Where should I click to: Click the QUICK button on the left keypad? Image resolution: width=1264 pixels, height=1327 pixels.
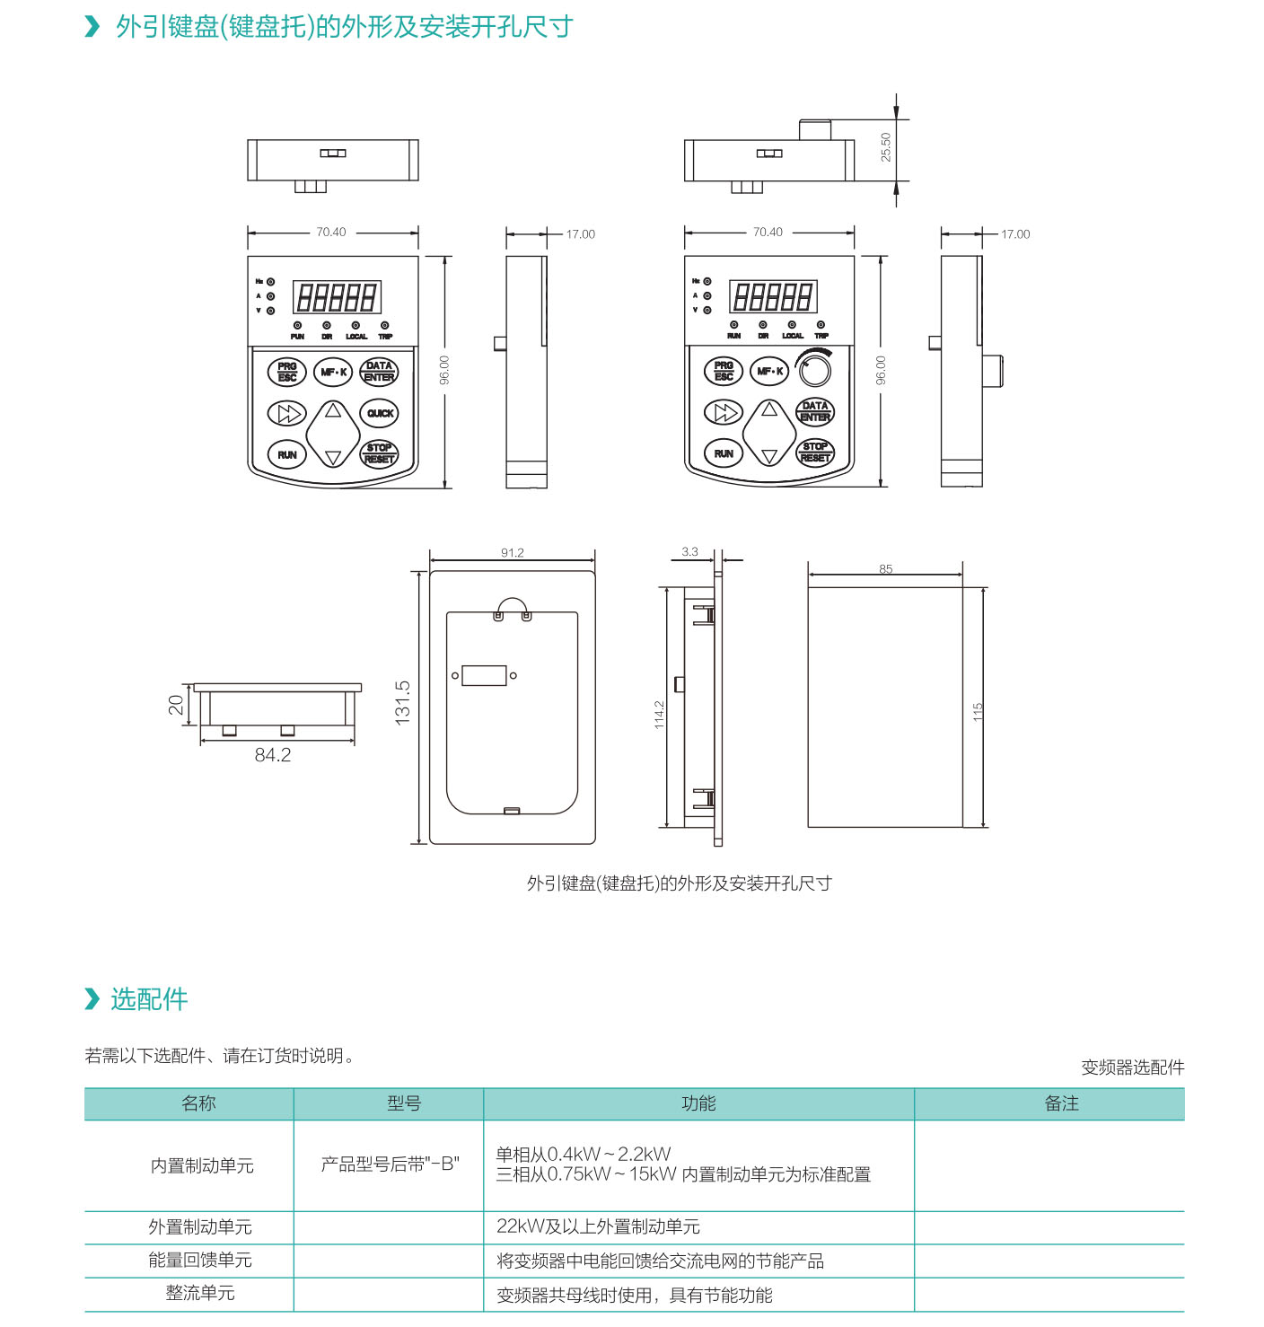[380, 413]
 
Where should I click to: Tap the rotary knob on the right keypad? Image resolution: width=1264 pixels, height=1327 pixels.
[814, 370]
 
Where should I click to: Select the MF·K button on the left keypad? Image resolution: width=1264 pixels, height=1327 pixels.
[333, 372]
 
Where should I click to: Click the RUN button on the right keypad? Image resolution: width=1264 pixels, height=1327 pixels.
[724, 453]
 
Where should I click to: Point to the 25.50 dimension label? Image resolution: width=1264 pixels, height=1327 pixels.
[886, 147]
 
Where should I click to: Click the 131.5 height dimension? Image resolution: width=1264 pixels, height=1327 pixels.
[402, 702]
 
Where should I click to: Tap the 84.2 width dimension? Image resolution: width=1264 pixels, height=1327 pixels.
[272, 755]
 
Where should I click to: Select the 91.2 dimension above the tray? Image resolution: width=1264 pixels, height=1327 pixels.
[513, 553]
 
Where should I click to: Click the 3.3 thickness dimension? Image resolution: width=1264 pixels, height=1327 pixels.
[689, 552]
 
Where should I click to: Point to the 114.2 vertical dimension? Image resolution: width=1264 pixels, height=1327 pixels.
[659, 715]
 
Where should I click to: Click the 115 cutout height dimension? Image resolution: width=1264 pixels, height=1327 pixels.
[978, 712]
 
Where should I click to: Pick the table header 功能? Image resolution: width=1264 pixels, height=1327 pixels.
[698, 1103]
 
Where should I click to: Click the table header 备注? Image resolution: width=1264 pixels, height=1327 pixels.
[1061, 1103]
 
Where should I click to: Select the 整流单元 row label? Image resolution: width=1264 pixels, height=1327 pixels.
[200, 1293]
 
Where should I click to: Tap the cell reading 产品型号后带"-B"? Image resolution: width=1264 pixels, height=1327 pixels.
[390, 1164]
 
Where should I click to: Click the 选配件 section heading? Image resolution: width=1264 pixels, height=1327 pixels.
[149, 999]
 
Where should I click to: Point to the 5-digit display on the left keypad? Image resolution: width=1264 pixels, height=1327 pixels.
[337, 297]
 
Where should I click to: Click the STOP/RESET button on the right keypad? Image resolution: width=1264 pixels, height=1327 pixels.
[815, 452]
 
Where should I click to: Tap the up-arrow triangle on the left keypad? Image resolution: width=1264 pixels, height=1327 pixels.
[333, 410]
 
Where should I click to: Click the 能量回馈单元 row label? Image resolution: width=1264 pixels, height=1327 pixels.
[200, 1260]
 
